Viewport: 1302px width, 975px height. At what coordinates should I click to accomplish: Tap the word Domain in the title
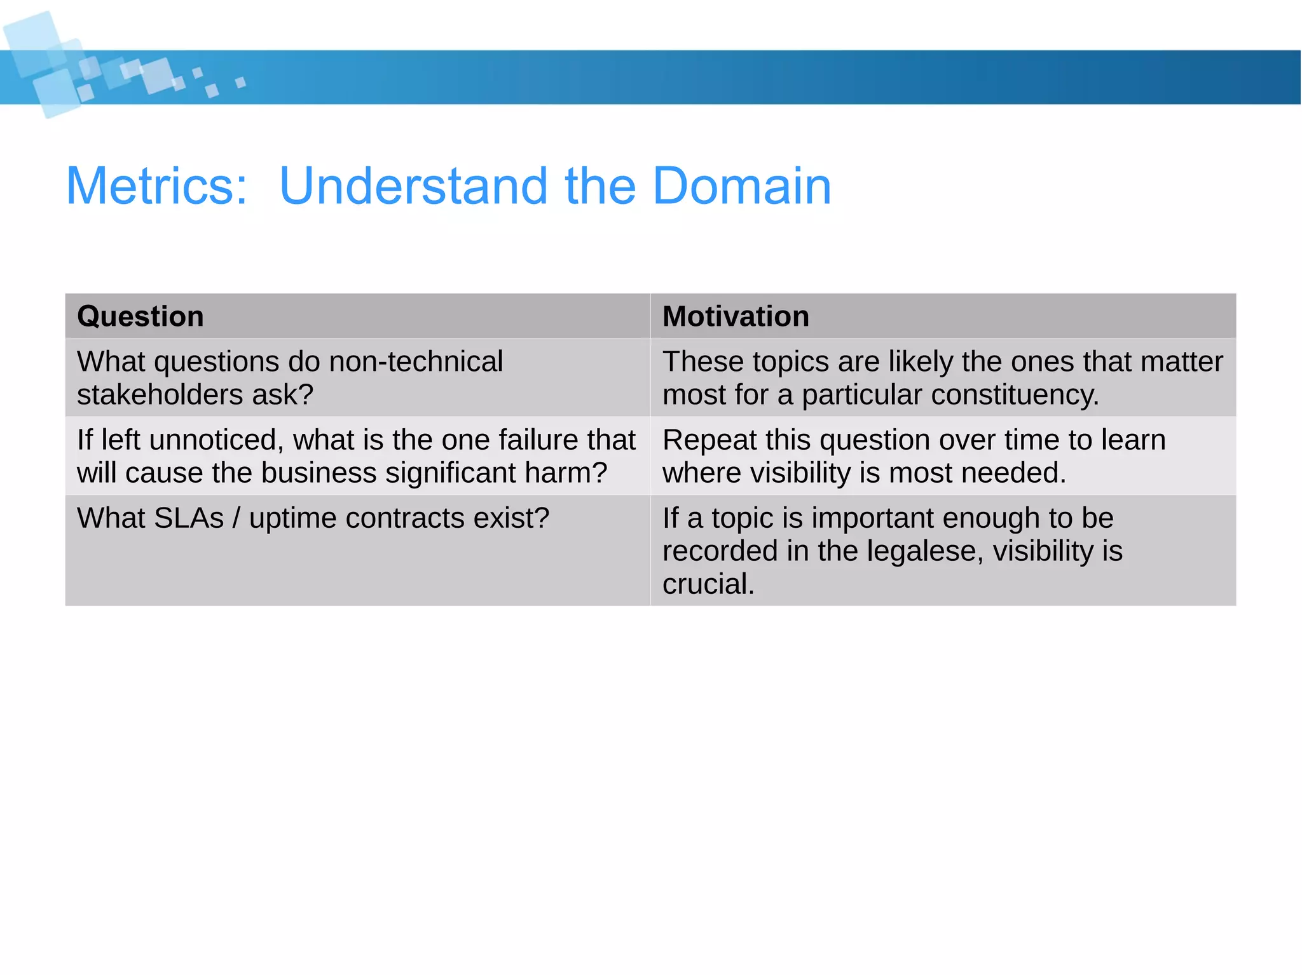[x=742, y=185]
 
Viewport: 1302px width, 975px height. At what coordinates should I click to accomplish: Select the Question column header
[x=140, y=316]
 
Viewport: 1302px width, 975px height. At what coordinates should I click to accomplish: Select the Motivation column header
[x=736, y=316]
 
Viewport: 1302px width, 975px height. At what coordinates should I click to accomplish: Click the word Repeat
[x=709, y=440]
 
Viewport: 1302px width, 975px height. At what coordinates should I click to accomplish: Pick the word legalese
[x=925, y=551]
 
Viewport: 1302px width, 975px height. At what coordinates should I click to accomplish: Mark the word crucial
[x=708, y=584]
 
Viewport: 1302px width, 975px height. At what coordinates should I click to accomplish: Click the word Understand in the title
[x=413, y=185]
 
